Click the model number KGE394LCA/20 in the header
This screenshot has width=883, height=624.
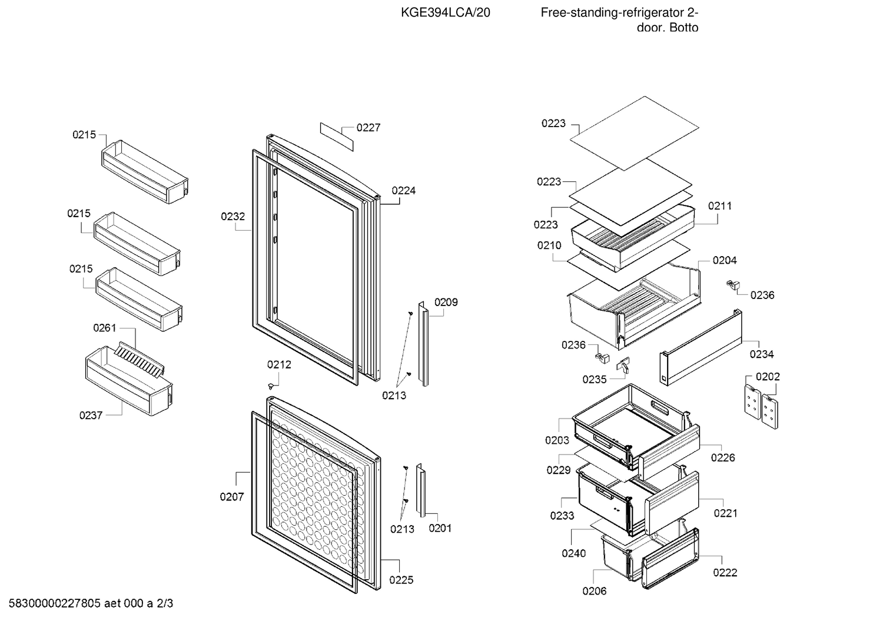[446, 13]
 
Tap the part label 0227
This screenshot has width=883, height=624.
[368, 128]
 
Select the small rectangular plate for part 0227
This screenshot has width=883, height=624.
[337, 137]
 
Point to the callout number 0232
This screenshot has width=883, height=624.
[233, 217]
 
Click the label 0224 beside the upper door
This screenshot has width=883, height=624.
[404, 191]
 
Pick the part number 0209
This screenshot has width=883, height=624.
[446, 303]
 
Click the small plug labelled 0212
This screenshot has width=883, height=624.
[271, 386]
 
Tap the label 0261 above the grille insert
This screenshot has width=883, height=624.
[105, 328]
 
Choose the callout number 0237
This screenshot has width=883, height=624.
[91, 416]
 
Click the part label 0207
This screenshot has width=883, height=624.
[232, 497]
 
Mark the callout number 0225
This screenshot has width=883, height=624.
[401, 580]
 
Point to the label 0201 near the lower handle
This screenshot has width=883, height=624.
[440, 528]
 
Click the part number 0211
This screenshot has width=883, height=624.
[720, 206]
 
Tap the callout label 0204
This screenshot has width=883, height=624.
[725, 261]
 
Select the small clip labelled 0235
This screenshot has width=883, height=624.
[623, 364]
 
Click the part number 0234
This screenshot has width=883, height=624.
[762, 354]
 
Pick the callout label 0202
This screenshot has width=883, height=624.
[768, 377]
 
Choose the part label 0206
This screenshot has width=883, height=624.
[595, 591]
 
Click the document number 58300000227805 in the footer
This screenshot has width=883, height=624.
[55, 603]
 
